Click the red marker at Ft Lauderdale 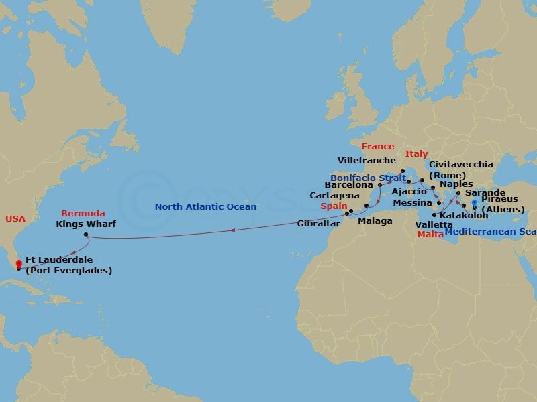tap(18, 263)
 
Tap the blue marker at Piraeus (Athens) tap(475, 203)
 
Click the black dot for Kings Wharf tap(86, 234)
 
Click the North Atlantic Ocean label tap(205, 207)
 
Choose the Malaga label tap(375, 220)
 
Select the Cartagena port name tap(332, 195)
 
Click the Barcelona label tap(348, 184)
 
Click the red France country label tap(377, 146)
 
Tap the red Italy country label tap(416, 154)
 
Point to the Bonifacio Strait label tap(368, 178)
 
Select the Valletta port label tap(434, 224)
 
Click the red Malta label tap(430, 234)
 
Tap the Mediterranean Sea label tap(491, 231)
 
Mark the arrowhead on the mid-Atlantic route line tap(232, 230)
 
